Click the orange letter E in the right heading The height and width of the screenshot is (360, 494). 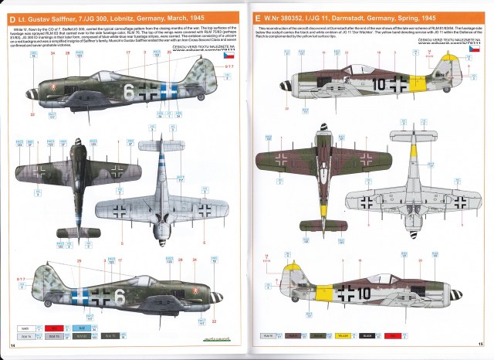[x=257, y=17]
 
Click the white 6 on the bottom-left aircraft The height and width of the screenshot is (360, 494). [x=119, y=296]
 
